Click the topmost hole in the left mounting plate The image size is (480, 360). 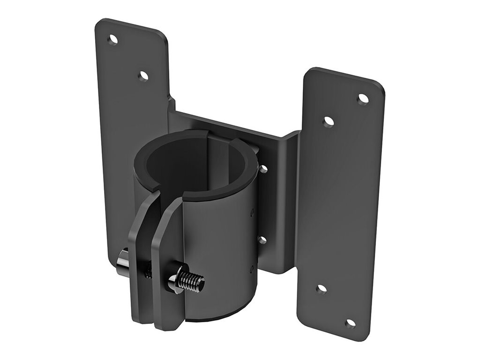(x=112, y=39)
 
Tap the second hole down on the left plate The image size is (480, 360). (x=143, y=75)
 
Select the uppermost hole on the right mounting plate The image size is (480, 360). (x=363, y=99)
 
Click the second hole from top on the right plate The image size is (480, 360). (x=329, y=122)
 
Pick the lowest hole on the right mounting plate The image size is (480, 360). (x=350, y=323)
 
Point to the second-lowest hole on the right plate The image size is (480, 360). (x=322, y=289)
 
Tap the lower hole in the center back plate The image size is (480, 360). (x=262, y=240)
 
